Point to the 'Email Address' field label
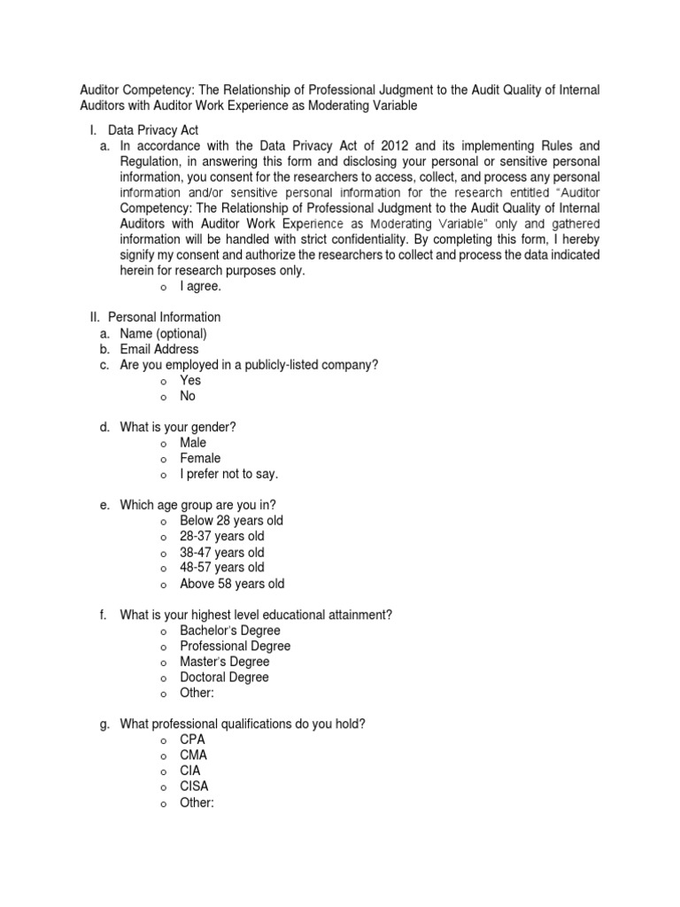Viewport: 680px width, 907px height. pos(159,349)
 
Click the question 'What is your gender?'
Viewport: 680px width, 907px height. pos(178,427)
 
